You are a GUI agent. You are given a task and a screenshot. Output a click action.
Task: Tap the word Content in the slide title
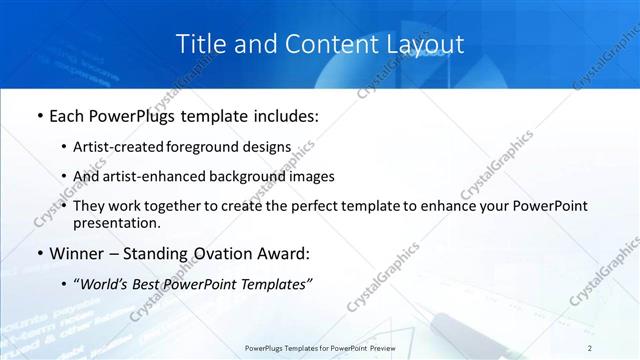coord(307,44)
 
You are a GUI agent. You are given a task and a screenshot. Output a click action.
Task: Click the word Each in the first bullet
coord(67,116)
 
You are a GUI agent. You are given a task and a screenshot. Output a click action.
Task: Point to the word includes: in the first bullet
coord(284,116)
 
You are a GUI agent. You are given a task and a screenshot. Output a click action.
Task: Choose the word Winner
coord(74,253)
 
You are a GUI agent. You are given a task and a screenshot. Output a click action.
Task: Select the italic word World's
coord(105,284)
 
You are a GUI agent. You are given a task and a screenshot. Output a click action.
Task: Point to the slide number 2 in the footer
coord(590,347)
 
